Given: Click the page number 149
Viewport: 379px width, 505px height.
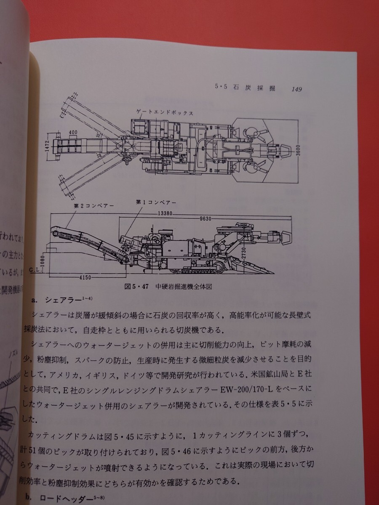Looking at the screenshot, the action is click(290, 89).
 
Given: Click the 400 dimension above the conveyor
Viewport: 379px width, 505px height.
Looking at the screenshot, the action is click(73, 133).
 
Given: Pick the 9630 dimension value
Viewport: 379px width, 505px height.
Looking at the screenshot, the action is click(206, 218).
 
